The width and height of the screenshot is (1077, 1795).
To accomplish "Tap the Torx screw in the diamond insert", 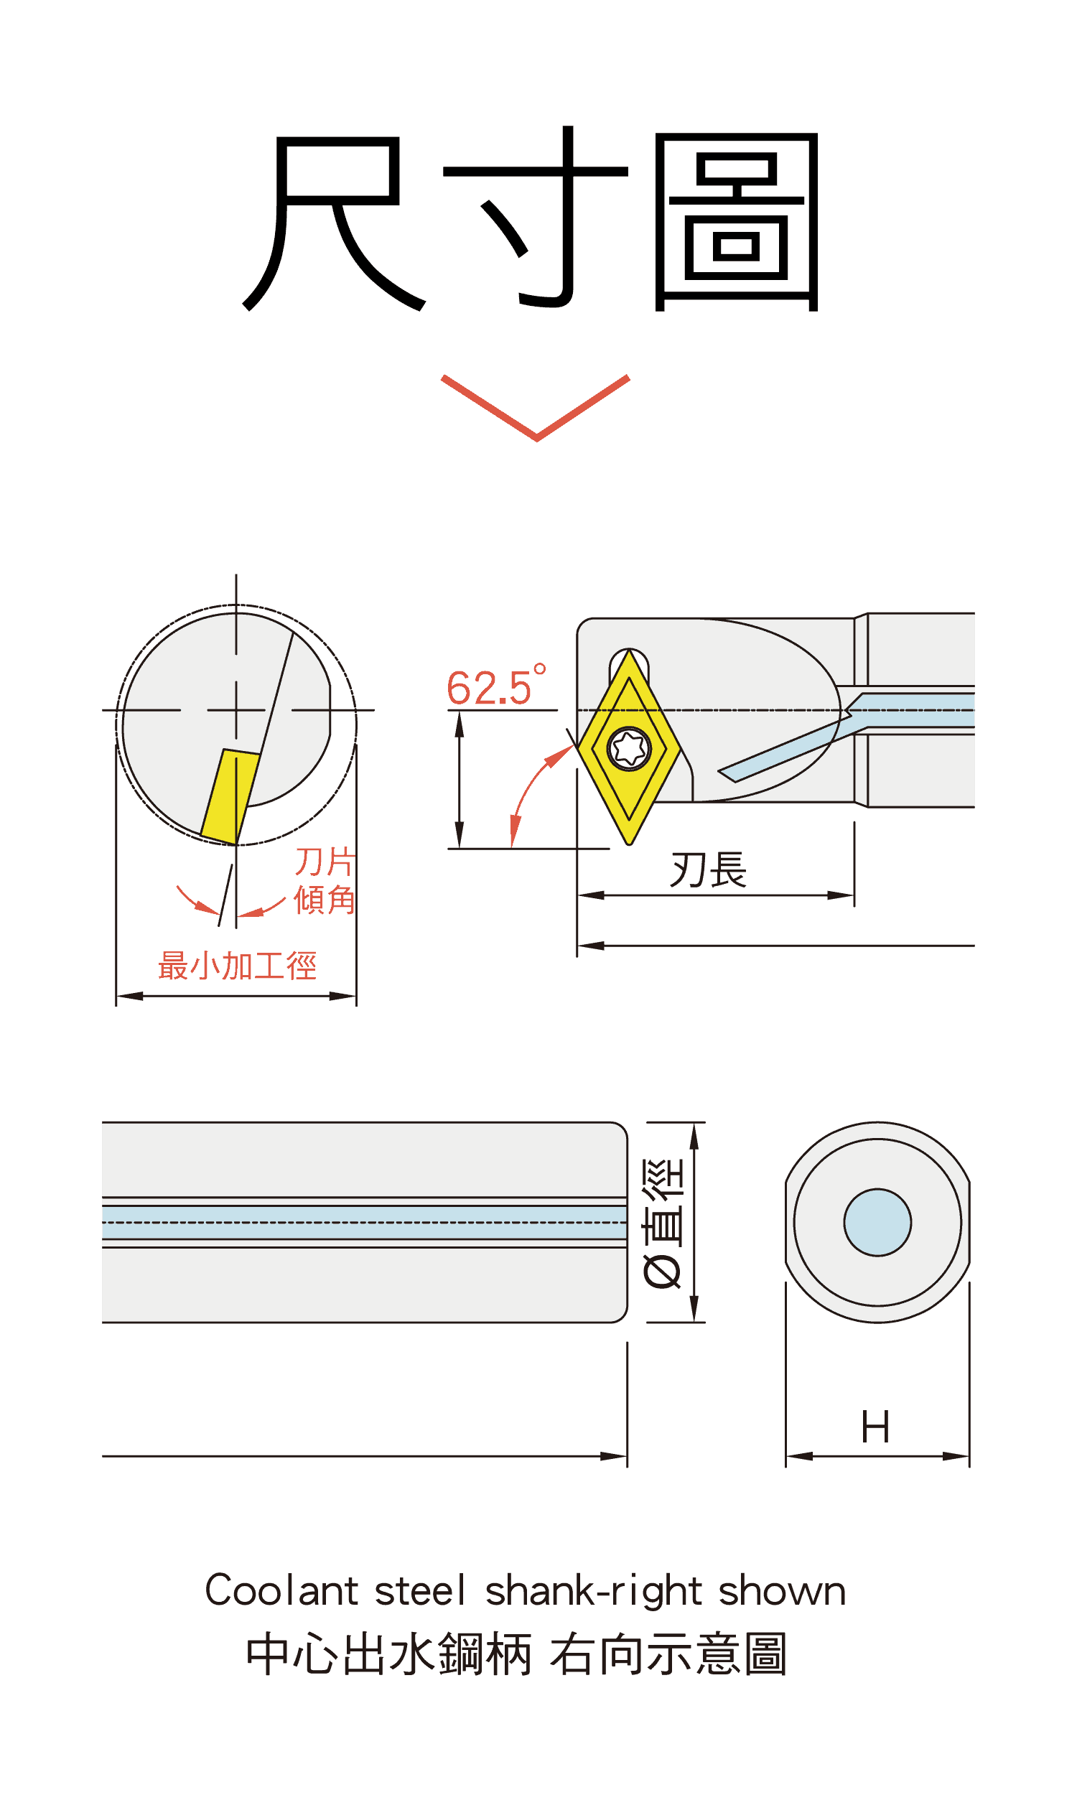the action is pyautogui.click(x=629, y=748).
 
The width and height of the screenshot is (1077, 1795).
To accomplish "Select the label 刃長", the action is pyautogui.click(x=709, y=869).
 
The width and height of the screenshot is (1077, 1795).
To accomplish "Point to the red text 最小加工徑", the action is pyautogui.click(x=238, y=966).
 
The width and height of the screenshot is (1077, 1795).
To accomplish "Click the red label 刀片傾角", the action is pyautogui.click(x=325, y=881).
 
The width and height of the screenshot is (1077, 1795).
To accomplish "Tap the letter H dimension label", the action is pyautogui.click(x=875, y=1427).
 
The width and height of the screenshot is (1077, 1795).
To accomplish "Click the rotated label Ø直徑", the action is pyautogui.click(x=663, y=1223).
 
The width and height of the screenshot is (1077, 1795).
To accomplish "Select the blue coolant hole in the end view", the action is pyautogui.click(x=877, y=1223).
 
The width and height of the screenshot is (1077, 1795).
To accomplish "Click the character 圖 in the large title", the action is pyautogui.click(x=737, y=222).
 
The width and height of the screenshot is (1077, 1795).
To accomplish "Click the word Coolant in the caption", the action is pyautogui.click(x=281, y=1590).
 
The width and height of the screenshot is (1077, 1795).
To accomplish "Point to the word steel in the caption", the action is pyautogui.click(x=420, y=1590).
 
